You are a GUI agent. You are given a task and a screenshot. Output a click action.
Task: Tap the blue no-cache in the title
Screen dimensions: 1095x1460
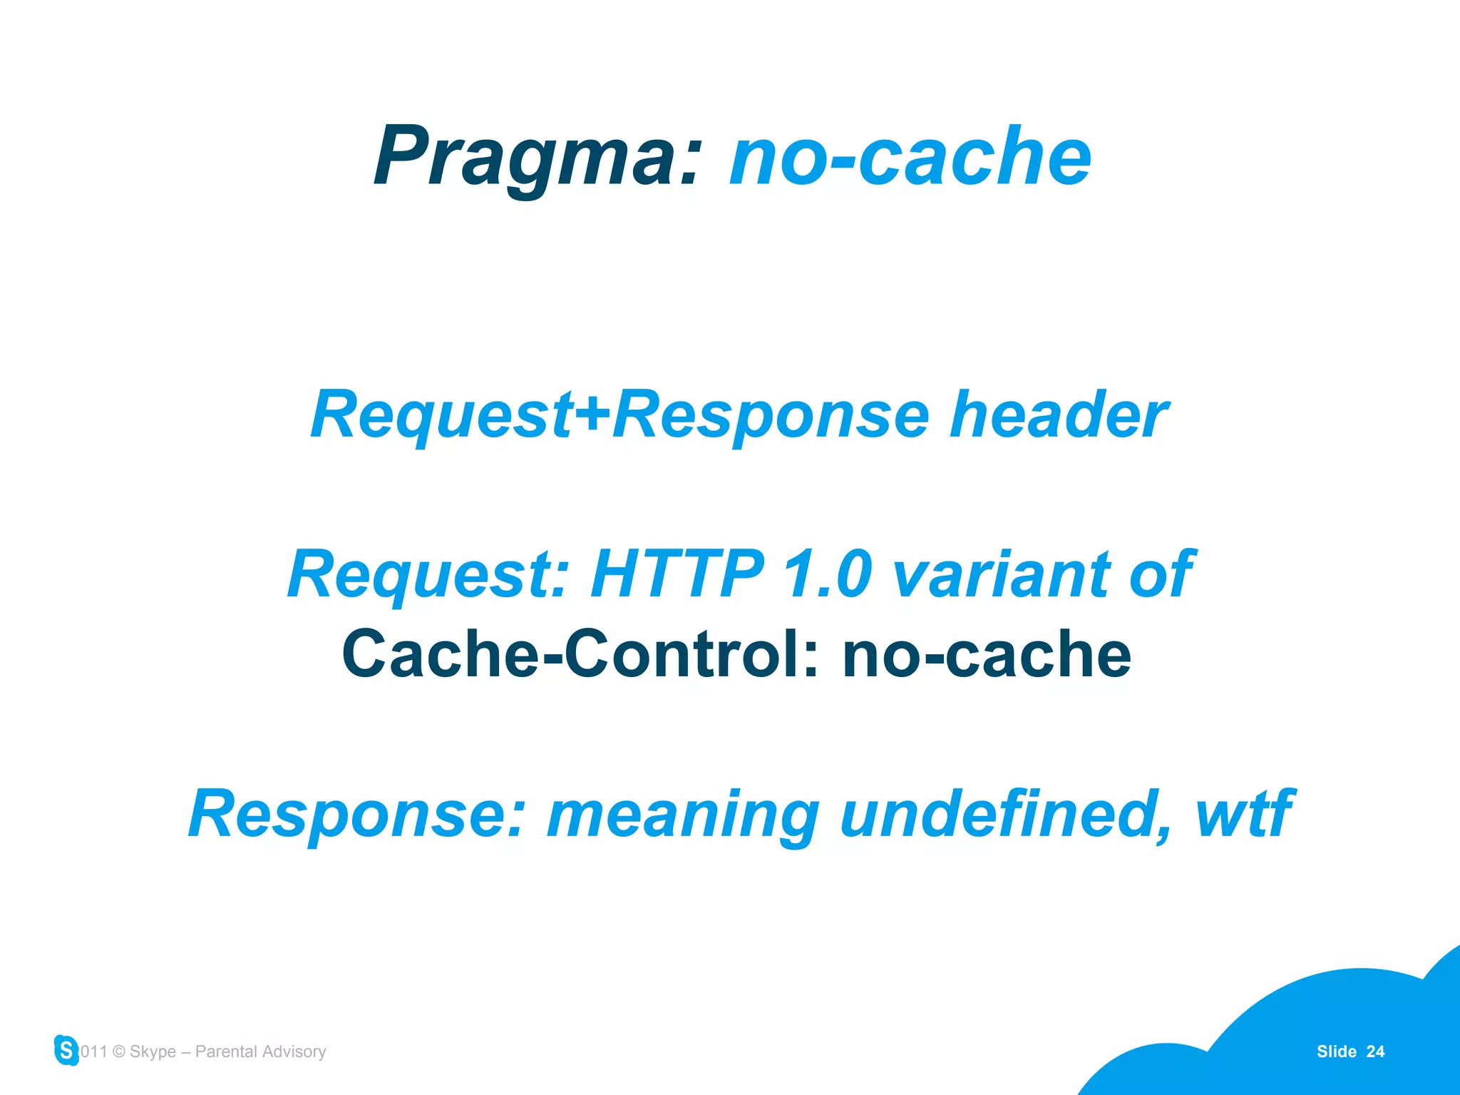[910, 156]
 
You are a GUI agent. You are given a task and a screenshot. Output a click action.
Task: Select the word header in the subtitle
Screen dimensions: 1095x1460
[1058, 415]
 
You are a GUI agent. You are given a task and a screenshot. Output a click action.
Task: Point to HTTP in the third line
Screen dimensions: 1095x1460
[677, 574]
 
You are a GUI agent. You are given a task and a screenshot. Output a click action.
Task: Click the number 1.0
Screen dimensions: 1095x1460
[827, 574]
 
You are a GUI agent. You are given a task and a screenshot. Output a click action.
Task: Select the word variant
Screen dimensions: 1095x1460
[999, 574]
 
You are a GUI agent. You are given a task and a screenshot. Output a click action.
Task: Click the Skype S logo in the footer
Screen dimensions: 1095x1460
[66, 1050]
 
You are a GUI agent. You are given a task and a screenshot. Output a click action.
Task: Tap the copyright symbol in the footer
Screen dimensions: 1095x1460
[119, 1051]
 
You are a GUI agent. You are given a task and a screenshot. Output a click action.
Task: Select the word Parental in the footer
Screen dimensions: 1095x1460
[226, 1051]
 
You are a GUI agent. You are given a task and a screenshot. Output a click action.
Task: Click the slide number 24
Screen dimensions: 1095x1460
[1375, 1051]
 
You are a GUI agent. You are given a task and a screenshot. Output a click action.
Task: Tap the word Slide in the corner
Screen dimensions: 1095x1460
[1336, 1051]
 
